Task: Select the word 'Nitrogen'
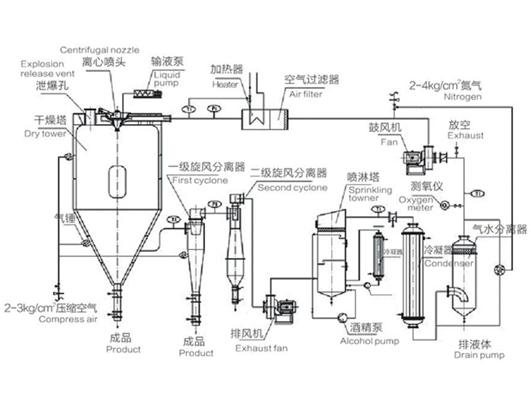pos(443,97)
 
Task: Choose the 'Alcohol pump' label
pos(370,342)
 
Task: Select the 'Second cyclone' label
pos(293,188)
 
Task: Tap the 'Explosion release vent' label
pos(42,69)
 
